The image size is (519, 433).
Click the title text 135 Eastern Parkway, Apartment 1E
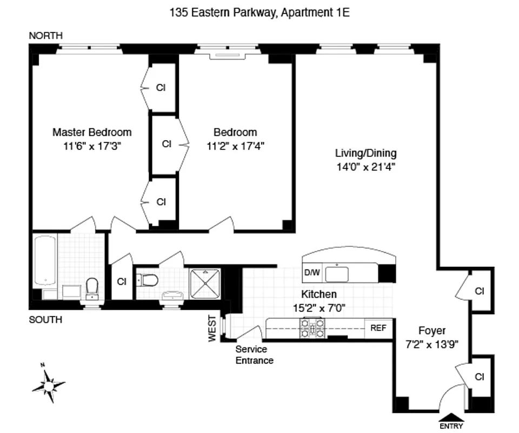(259, 12)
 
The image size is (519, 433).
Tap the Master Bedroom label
(92, 132)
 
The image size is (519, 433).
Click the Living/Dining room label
(365, 153)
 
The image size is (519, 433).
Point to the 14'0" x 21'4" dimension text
(365, 167)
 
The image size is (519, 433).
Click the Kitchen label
(319, 294)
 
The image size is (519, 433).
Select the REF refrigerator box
(378, 328)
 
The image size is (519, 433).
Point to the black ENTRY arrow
(452, 417)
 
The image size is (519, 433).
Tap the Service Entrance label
(254, 355)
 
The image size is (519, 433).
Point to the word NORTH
(46, 36)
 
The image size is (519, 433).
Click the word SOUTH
(45, 320)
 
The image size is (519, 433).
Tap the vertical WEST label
(212, 329)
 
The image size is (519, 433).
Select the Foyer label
(432, 331)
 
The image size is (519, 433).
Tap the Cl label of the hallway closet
(122, 281)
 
